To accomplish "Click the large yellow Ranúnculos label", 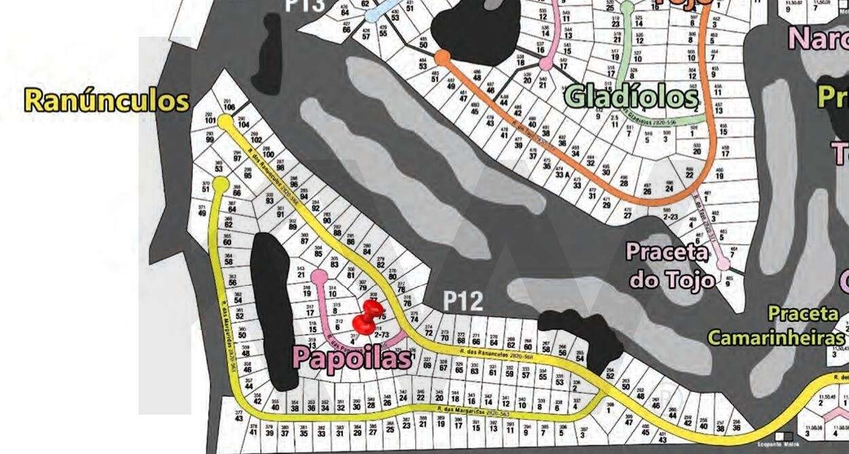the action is coord(106,100).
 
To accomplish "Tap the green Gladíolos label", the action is coord(631,96).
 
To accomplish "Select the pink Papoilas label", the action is coord(352,357).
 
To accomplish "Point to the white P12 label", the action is coord(463,301).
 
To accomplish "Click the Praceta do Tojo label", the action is coord(671,265).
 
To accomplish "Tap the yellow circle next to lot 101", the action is coord(225,121).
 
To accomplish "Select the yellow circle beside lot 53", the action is coord(220,184).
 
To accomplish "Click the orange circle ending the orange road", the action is coord(443,57).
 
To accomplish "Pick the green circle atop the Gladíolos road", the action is coord(627,8).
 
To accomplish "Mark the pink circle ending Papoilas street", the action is coord(319,276).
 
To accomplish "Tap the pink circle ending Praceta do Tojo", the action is coord(723,263).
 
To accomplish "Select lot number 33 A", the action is coord(561,174).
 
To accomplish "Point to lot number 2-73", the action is coord(382,334).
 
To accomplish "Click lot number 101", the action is coord(210,120).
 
